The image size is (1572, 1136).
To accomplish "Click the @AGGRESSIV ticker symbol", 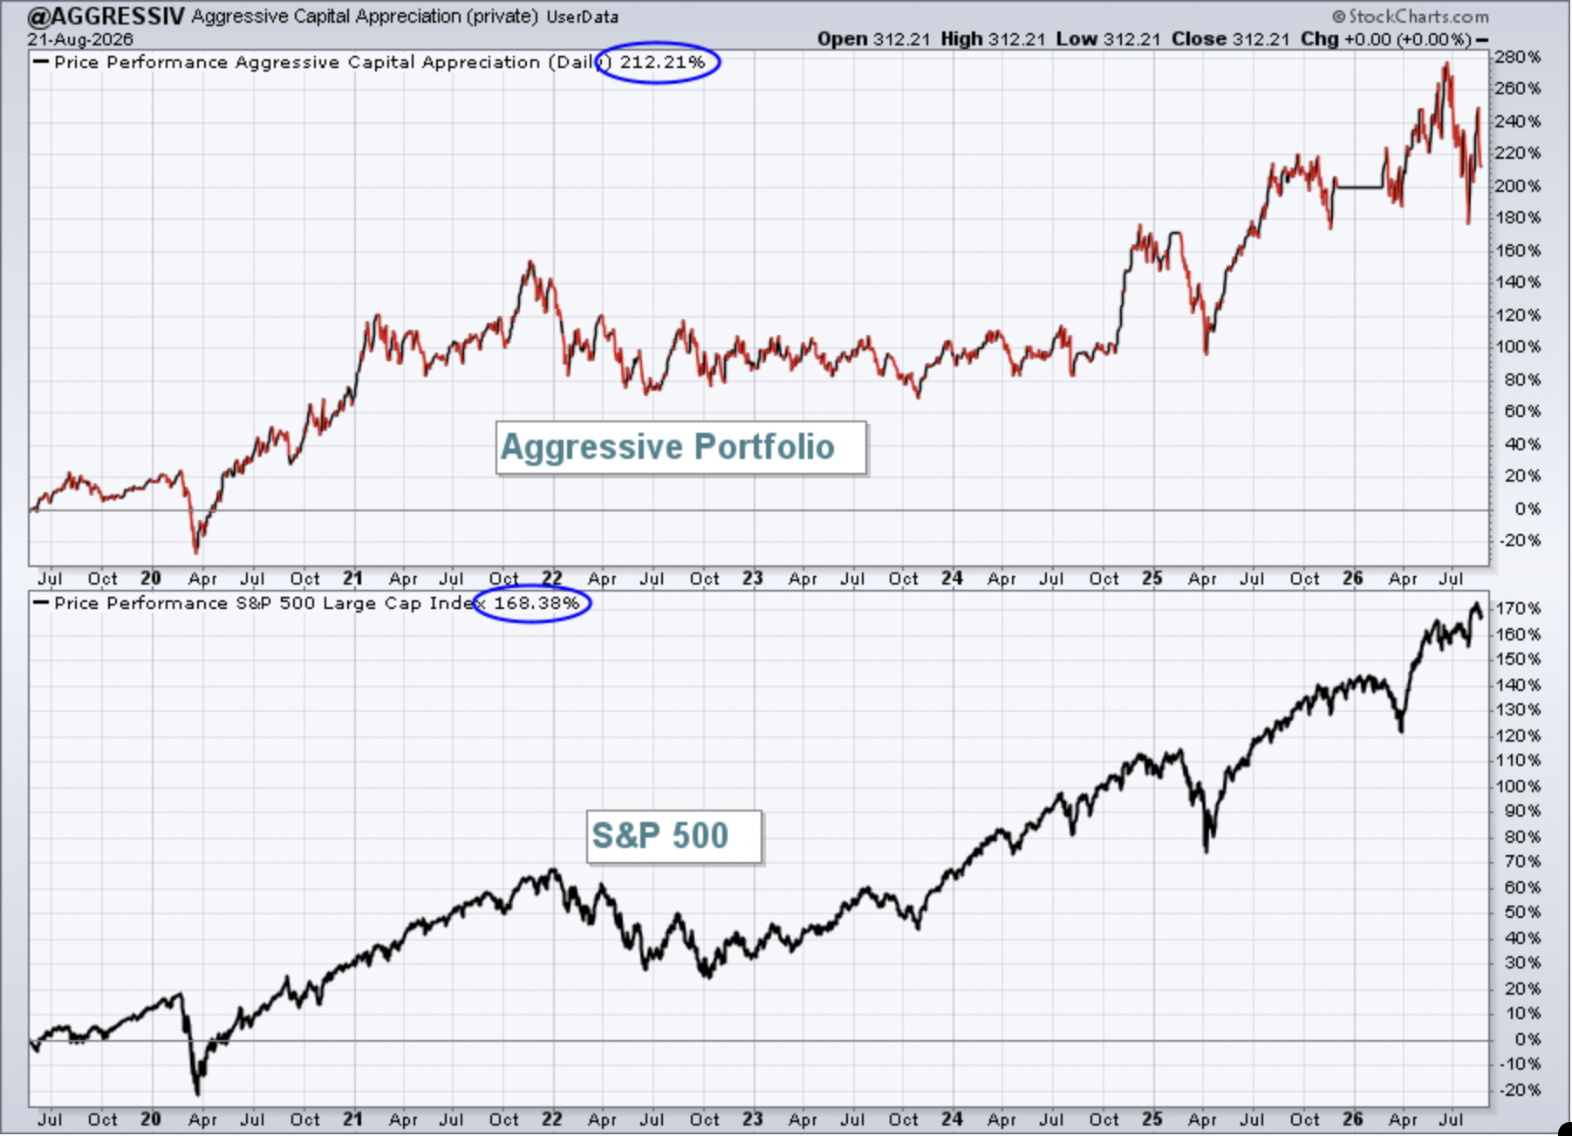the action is click(x=105, y=16).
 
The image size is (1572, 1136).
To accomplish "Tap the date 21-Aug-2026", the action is click(x=80, y=39).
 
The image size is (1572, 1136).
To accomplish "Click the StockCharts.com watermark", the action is click(x=1411, y=17).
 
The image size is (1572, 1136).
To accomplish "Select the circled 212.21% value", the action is click(x=662, y=62).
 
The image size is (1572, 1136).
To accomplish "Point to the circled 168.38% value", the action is click(x=537, y=603).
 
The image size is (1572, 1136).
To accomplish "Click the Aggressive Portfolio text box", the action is click(x=681, y=448).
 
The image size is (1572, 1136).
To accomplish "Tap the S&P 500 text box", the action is click(x=673, y=837).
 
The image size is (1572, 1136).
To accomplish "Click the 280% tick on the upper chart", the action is click(x=1518, y=58).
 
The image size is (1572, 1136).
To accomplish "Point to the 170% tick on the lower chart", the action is click(x=1518, y=608).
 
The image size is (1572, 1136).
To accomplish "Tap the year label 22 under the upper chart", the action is click(x=552, y=578).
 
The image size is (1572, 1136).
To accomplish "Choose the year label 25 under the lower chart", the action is click(x=1152, y=1119).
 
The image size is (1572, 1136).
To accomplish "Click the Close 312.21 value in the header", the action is click(x=1230, y=39).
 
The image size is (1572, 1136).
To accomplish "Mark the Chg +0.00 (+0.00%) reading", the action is click(x=1385, y=39).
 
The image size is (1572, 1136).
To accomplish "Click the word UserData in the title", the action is click(x=583, y=17).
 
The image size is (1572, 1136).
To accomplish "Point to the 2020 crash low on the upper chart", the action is click(x=196, y=551).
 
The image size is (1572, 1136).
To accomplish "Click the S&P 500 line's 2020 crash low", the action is click(x=198, y=1093).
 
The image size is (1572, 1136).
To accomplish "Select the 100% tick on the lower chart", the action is click(x=1518, y=786).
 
